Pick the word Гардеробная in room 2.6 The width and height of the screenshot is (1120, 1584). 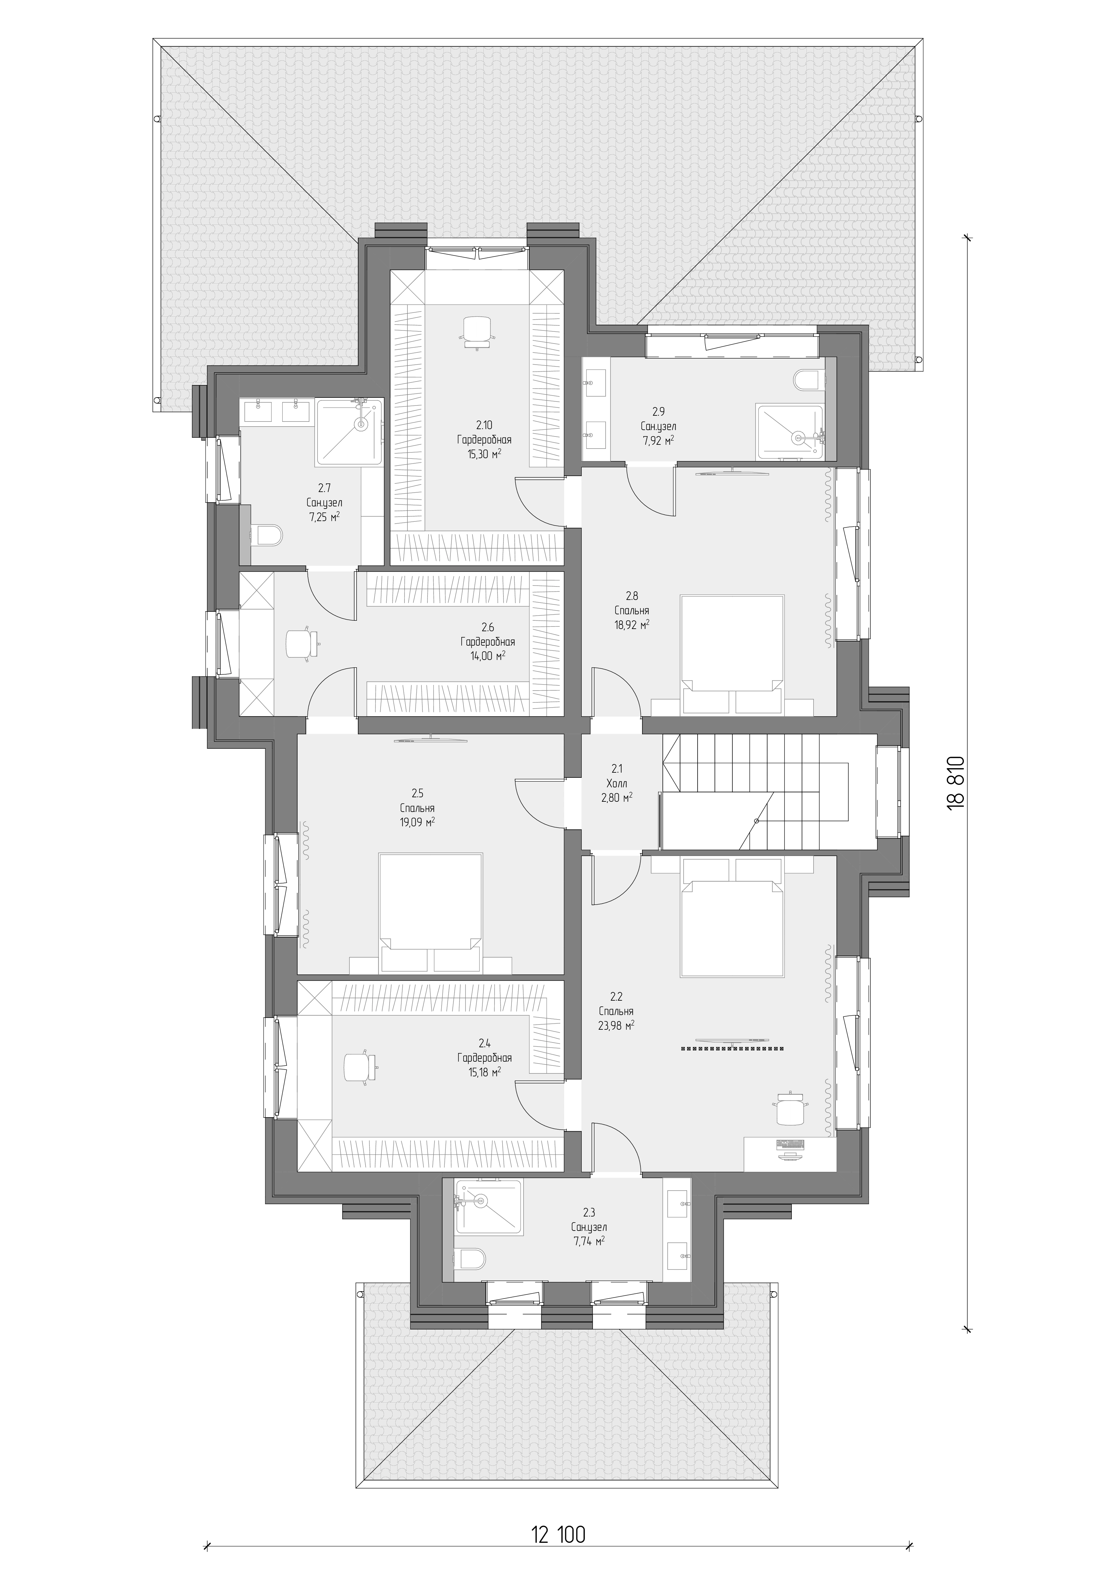(x=488, y=641)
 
